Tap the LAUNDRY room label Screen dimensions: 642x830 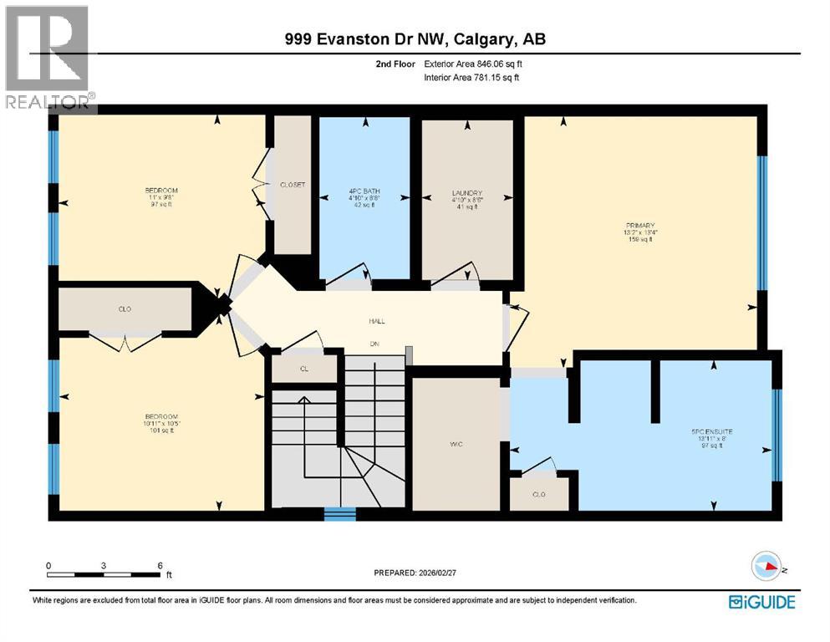[466, 193]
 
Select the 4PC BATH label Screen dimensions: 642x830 [364, 193]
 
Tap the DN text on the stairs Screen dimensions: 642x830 [375, 343]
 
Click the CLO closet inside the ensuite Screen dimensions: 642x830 [539, 494]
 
